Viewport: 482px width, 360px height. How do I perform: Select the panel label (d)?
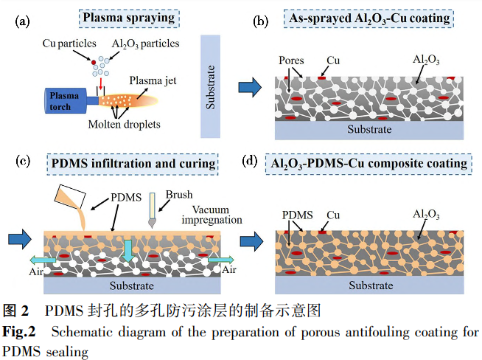pos(251,162)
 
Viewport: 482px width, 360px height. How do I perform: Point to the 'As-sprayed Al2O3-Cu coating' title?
pos(368,18)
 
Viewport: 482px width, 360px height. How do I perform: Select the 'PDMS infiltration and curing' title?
pos(133,162)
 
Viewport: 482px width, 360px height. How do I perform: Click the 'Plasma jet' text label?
pos(150,80)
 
